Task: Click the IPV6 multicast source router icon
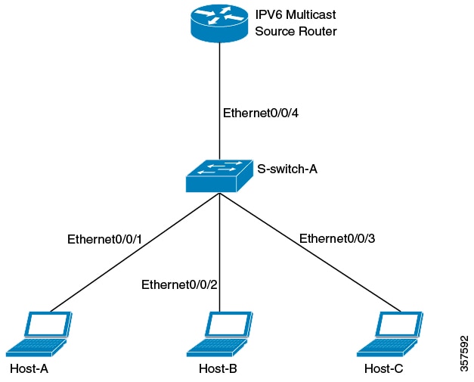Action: coord(219,23)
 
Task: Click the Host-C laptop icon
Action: coord(390,333)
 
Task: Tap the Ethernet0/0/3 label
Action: coord(337,238)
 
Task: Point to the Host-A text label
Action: coord(29,369)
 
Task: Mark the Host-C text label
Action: coord(384,369)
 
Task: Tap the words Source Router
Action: coord(296,32)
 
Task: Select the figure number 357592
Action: coord(463,353)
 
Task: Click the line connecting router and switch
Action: coord(219,83)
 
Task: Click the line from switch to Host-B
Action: coord(219,242)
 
